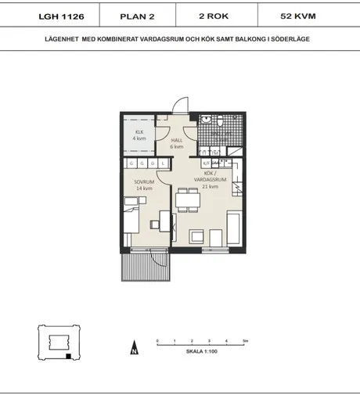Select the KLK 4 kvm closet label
tap(139, 135)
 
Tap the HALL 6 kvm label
tap(177, 142)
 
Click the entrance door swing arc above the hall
tap(180, 106)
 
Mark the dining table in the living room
tap(187, 202)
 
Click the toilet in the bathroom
tap(203, 120)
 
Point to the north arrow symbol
tap(134, 349)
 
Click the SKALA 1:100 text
tap(200, 352)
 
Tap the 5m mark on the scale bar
tap(245, 341)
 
